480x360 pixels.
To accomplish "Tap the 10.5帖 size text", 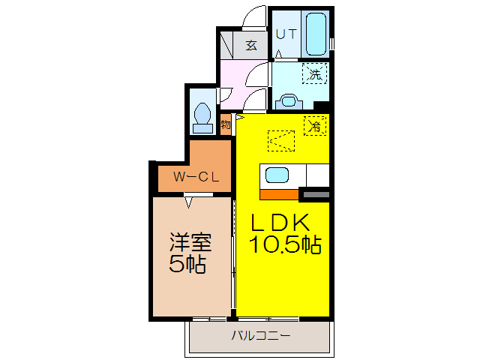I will [x=285, y=244].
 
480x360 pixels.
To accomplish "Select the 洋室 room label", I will [x=190, y=244].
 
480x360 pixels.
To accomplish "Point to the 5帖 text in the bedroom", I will [x=188, y=264].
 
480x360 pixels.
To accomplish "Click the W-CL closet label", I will [x=196, y=178].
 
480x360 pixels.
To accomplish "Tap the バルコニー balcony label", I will [x=259, y=335].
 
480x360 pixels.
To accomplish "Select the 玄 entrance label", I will [x=252, y=45].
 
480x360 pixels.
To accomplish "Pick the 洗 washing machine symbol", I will [x=316, y=73].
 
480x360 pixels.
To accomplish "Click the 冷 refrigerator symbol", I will [x=315, y=125].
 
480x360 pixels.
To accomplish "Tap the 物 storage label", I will [x=226, y=124].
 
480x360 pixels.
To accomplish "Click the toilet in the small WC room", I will [x=202, y=116].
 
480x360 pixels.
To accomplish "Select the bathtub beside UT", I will [x=316, y=33].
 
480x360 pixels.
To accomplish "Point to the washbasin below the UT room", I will [x=288, y=100].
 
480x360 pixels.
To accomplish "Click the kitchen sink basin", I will [x=277, y=176].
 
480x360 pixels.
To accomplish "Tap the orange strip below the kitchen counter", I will [x=279, y=195].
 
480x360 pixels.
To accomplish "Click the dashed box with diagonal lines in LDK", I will [x=281, y=140].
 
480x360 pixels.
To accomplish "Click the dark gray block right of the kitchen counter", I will [x=314, y=195].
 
